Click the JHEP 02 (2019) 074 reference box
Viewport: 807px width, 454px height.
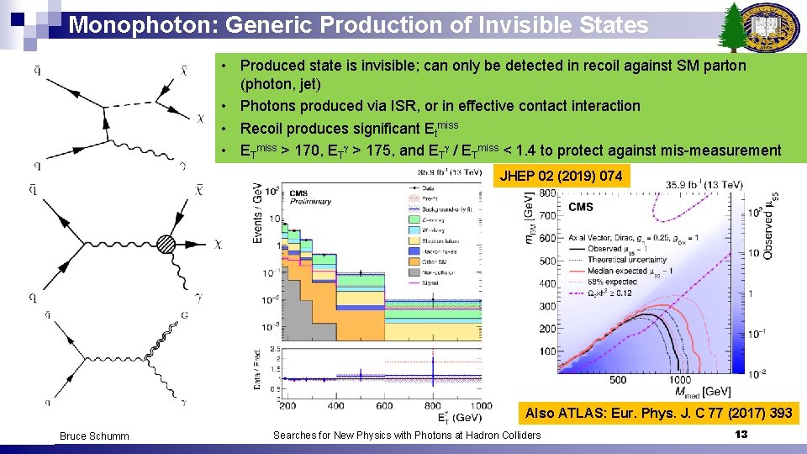pos(561,176)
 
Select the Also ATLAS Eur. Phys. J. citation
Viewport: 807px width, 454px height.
pos(658,413)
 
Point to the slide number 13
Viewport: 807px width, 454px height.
pos(741,434)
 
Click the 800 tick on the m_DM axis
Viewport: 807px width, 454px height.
pos(546,193)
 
